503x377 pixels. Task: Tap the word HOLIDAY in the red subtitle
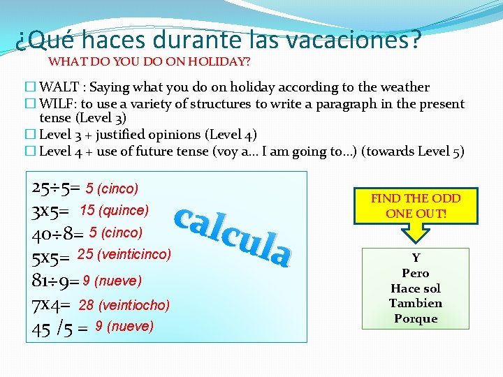(x=219, y=61)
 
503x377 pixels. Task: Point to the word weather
(x=403, y=87)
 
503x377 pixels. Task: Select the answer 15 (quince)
(x=114, y=210)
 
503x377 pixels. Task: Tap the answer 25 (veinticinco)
(x=124, y=254)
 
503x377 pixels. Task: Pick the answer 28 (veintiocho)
(x=124, y=304)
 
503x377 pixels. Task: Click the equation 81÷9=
(x=56, y=281)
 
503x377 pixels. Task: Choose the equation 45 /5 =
(x=59, y=327)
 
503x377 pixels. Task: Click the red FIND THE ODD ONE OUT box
(x=415, y=206)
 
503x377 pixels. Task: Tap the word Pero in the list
(x=416, y=273)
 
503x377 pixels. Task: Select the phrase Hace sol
(x=416, y=288)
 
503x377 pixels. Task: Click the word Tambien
(x=416, y=303)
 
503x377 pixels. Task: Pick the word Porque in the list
(x=416, y=318)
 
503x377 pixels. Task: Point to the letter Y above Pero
(x=416, y=258)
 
